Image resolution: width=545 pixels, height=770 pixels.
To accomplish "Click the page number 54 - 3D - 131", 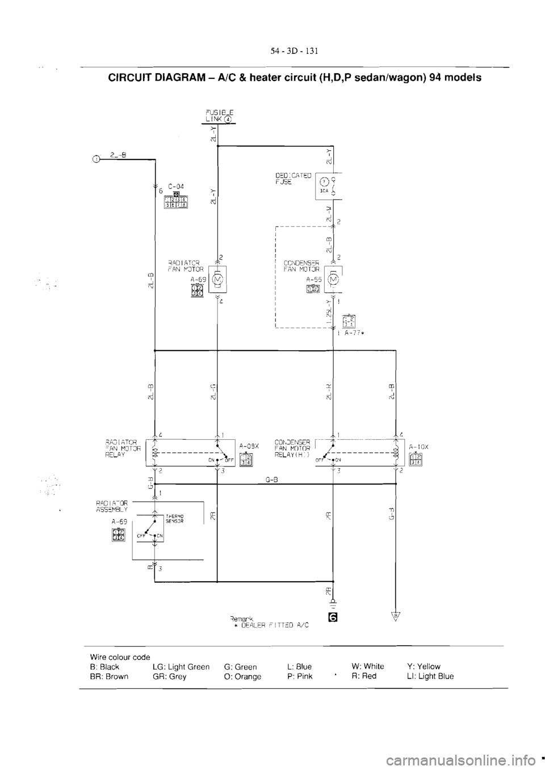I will pyautogui.click(x=293, y=51).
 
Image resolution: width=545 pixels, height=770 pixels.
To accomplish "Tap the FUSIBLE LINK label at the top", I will pyautogui.click(x=218, y=116).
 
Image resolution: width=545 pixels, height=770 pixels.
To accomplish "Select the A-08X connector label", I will pyautogui.click(x=249, y=446).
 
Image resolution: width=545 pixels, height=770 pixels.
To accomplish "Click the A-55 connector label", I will pyautogui.click(x=313, y=279).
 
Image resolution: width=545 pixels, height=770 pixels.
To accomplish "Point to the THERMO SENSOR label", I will pyautogui.click(x=174, y=518).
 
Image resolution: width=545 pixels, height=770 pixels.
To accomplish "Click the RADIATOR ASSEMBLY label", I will pyautogui.click(x=111, y=505).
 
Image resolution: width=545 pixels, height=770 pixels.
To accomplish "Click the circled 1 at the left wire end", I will pyautogui.click(x=97, y=160).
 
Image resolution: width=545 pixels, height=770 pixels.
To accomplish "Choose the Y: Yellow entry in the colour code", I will pyautogui.click(x=424, y=667).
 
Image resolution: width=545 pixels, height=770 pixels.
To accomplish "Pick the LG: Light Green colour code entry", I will pyautogui.click(x=181, y=667).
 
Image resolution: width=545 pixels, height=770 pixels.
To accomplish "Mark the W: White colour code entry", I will pyautogui.click(x=368, y=667).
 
